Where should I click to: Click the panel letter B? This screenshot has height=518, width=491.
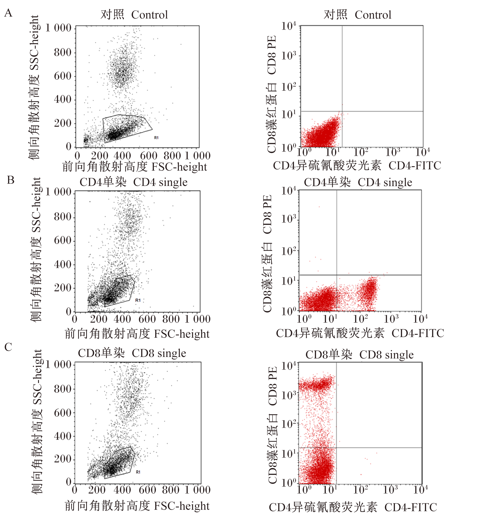(x=11, y=180)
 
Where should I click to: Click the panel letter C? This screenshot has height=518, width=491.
(x=8, y=347)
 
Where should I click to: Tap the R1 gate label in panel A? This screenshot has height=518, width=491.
(x=156, y=138)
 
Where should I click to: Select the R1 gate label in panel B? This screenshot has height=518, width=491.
(x=138, y=300)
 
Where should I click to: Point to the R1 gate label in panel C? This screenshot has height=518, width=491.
(x=138, y=472)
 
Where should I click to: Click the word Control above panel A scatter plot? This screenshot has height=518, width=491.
(x=150, y=15)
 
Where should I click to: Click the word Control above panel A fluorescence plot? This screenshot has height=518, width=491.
(x=373, y=15)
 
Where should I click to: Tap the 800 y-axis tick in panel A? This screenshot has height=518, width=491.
(x=63, y=52)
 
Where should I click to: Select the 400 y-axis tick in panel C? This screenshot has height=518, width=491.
(x=63, y=436)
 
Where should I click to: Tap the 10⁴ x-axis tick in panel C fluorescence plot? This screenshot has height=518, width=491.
(x=421, y=489)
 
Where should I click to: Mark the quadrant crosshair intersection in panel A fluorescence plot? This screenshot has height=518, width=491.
(x=342, y=111)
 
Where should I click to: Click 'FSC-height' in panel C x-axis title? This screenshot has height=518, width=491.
(x=182, y=506)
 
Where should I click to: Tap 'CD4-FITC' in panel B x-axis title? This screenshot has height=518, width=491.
(x=418, y=333)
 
